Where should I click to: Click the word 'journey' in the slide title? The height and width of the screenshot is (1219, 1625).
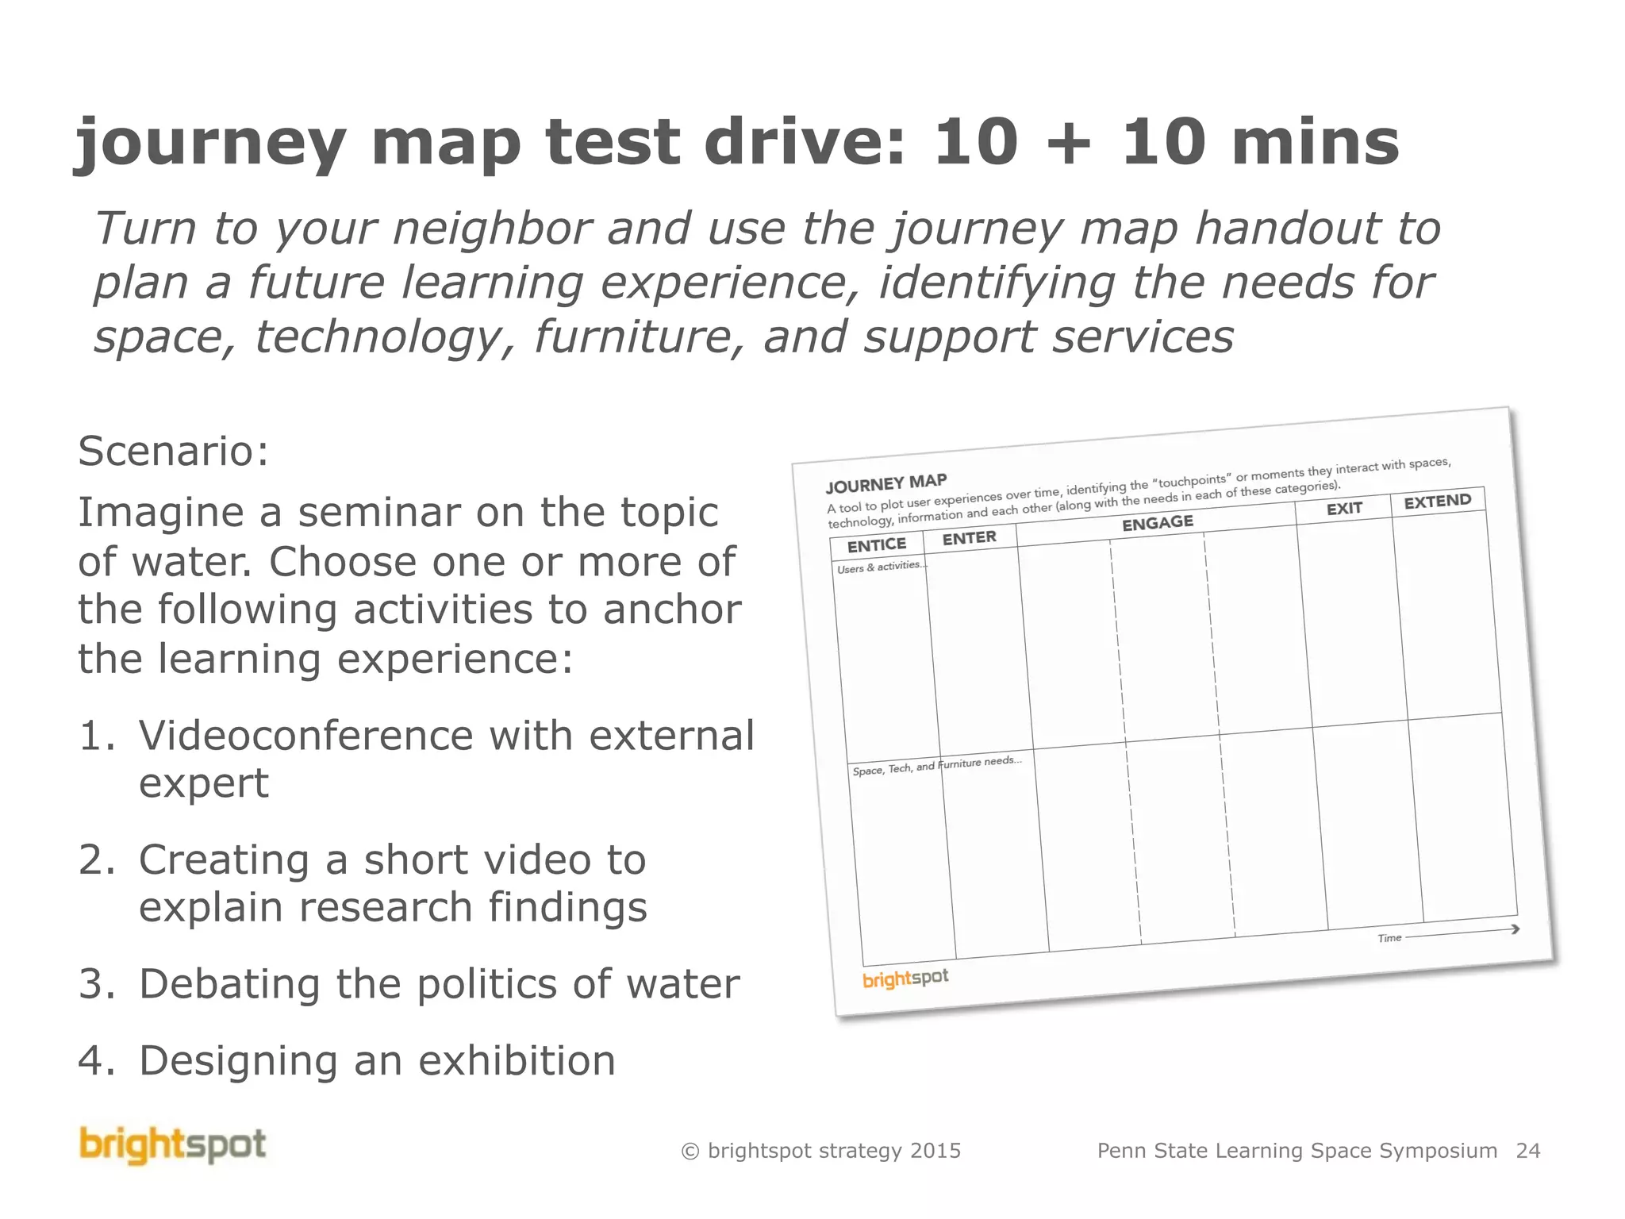tap(210, 144)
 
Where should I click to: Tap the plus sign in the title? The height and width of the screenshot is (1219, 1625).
tap(1069, 145)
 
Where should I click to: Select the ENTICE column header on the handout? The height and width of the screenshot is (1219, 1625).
tap(877, 545)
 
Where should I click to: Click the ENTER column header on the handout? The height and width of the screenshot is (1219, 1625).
tap(969, 538)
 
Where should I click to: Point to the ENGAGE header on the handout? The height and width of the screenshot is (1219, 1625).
tap(1157, 522)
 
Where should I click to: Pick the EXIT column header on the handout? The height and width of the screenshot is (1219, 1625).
tap(1344, 508)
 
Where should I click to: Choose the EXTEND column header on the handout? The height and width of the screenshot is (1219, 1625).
tap(1437, 501)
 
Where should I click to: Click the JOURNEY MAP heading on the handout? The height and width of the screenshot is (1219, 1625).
tap(886, 483)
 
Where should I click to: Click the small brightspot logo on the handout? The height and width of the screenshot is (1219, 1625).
tap(905, 979)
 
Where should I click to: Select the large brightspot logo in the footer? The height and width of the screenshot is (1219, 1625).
tap(173, 1145)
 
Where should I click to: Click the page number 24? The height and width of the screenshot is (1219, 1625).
tap(1527, 1151)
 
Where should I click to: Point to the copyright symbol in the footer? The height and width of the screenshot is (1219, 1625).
tap(690, 1152)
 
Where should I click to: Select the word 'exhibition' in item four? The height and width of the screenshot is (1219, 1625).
tap(517, 1061)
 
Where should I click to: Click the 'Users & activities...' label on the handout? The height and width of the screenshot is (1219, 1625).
tap(882, 567)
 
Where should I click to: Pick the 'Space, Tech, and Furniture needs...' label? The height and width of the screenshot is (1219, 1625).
tap(937, 766)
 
